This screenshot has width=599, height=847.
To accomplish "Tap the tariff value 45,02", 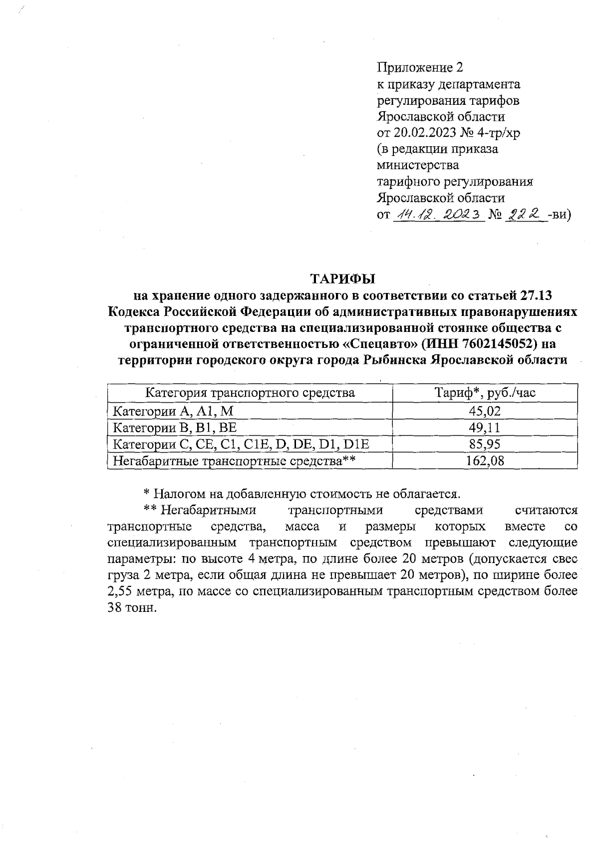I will pos(485,411).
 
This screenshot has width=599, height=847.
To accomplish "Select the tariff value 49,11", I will pos(485,428).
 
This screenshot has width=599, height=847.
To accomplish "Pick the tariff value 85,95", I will pos(485,444).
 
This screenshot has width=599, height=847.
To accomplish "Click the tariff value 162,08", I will pos(485,461).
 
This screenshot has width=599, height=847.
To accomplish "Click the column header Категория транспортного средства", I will pos(250,393).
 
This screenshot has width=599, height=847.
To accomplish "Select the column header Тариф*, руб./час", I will pos(485,393).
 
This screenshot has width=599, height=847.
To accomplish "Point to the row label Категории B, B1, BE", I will pos(175,428).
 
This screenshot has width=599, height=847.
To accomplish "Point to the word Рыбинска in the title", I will pos(396,360).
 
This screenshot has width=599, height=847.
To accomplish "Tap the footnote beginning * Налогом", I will pos(301,494).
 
